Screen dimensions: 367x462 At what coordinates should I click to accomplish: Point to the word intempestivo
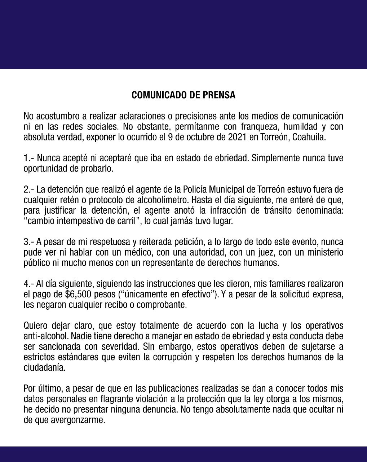[x=78, y=221]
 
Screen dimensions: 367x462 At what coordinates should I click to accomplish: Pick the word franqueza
[x=254, y=127]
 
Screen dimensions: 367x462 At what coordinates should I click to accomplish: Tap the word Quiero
[x=35, y=325]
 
